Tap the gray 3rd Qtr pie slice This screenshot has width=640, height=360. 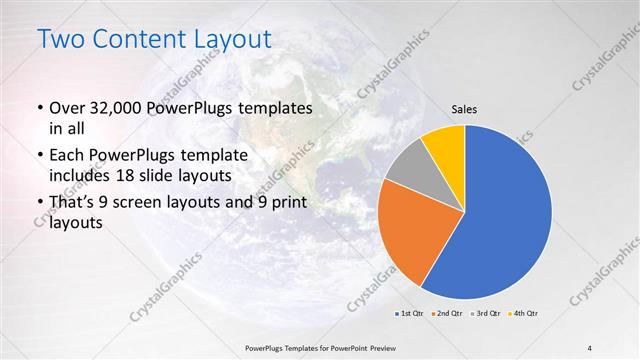[x=408, y=168]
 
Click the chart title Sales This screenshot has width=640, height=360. [x=463, y=109]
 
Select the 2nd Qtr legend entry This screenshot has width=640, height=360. [x=447, y=315]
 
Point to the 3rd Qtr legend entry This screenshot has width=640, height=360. [x=485, y=315]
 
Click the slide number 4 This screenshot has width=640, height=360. [x=590, y=347]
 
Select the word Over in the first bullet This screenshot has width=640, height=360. [x=68, y=107]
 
